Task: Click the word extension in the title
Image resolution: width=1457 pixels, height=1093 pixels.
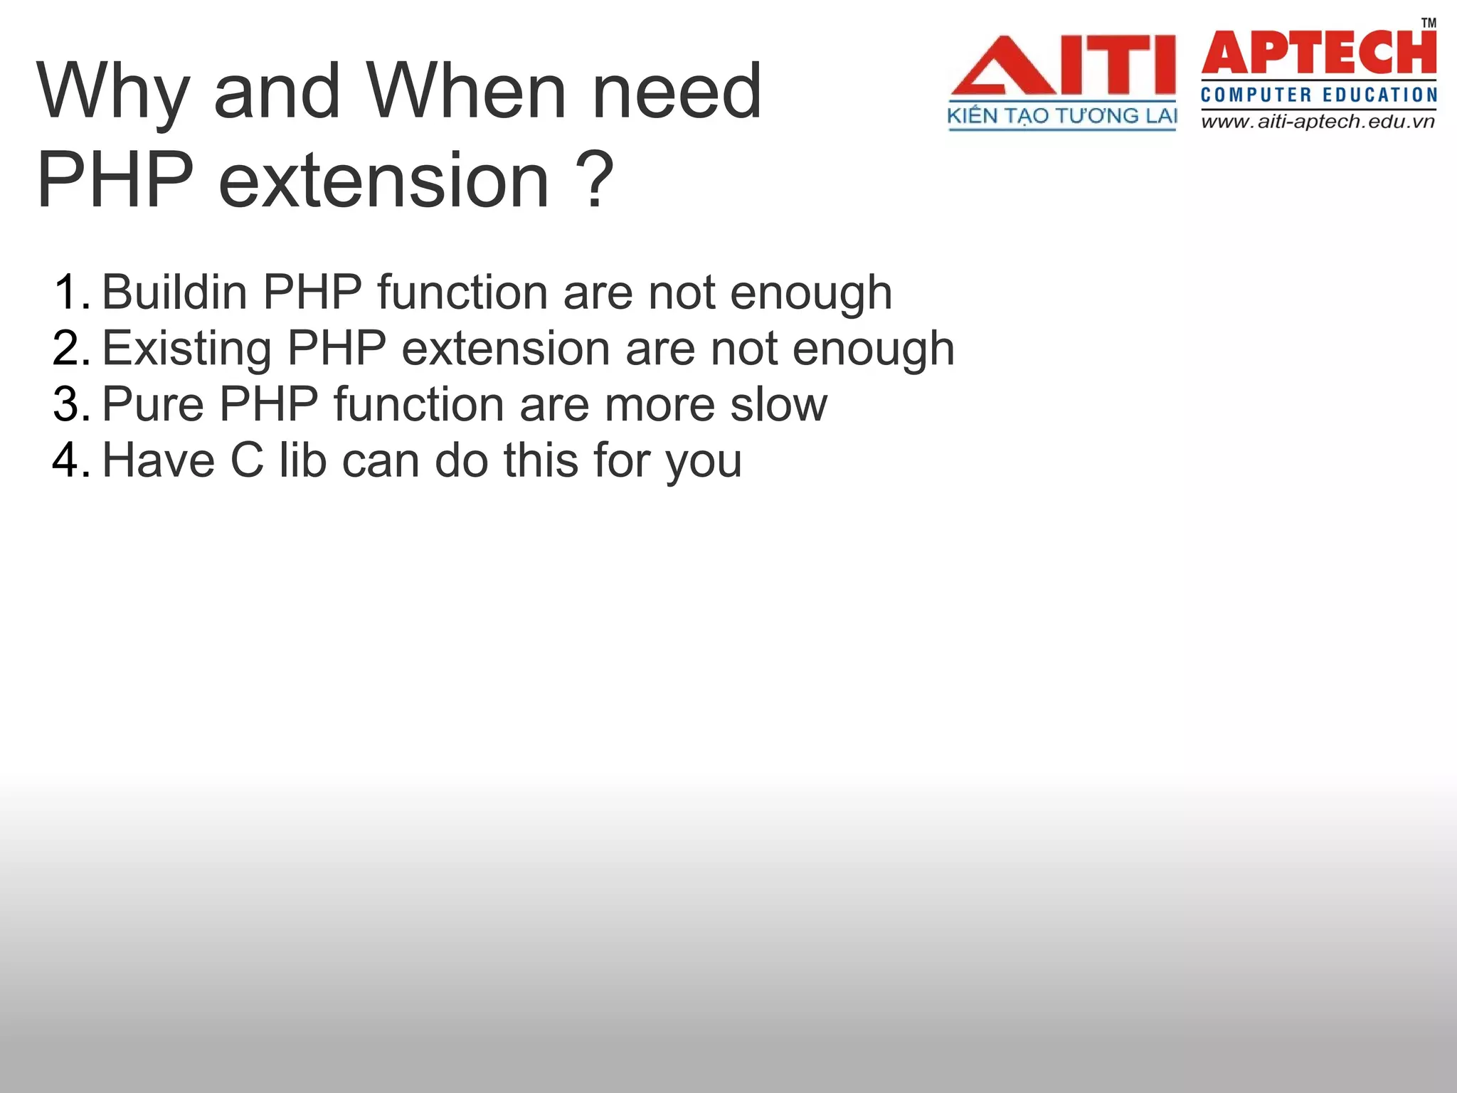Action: [384, 181]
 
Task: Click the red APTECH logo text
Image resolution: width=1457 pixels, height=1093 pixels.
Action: [1318, 53]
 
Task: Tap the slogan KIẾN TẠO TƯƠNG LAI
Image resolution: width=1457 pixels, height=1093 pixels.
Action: [1061, 116]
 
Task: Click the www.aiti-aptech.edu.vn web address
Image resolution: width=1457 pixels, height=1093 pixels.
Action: [1318, 122]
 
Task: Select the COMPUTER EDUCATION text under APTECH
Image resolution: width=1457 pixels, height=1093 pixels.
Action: [1318, 95]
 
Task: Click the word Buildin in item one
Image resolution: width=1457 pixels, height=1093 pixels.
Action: [174, 292]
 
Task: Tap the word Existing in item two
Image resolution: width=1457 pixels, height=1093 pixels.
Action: [186, 349]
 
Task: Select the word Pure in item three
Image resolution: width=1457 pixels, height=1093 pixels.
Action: [153, 404]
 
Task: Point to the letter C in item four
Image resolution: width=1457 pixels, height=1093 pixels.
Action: [247, 460]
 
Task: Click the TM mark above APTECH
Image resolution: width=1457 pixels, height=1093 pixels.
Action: [1428, 23]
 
